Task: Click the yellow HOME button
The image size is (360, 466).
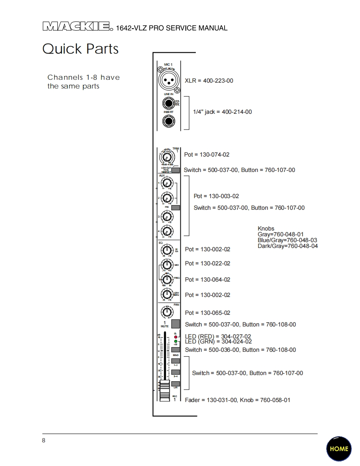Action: [x=339, y=449]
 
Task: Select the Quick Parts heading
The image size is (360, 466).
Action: [x=81, y=49]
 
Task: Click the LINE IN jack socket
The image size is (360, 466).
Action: [x=168, y=103]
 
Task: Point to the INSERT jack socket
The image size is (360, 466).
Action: [x=168, y=121]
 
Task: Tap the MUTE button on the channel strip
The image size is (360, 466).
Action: [x=176, y=324]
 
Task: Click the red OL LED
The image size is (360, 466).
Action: [x=176, y=337]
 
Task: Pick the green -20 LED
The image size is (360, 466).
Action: [x=176, y=341]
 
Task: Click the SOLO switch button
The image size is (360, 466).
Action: [x=175, y=350]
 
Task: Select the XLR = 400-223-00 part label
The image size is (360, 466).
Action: [x=209, y=81]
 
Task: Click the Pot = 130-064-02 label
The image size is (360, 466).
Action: [x=207, y=280]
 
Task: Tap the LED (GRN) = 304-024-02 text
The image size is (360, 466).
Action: [x=218, y=341]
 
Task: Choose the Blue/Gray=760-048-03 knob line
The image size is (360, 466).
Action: [x=287, y=240]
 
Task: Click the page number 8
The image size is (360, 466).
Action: [x=44, y=441]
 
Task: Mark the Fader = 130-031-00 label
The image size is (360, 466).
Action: [x=211, y=400]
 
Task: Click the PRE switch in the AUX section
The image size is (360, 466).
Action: [x=176, y=207]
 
